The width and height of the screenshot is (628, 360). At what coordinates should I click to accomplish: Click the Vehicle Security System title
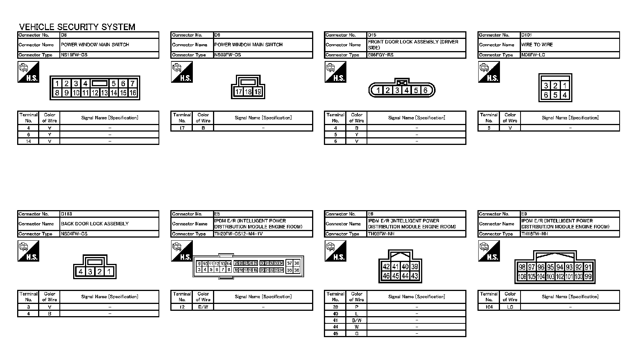77,27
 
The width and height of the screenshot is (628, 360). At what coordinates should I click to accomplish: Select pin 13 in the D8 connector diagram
104,93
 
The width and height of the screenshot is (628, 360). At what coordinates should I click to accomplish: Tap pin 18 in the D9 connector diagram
248,92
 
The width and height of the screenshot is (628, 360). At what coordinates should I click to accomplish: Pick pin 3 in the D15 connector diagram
397,90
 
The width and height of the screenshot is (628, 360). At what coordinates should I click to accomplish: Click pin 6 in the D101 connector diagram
546,95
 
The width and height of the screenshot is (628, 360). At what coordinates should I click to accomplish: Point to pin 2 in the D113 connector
99,272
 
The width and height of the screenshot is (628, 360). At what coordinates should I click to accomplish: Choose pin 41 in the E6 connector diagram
396,267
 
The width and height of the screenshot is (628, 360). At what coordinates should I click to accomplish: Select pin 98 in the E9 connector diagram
522,267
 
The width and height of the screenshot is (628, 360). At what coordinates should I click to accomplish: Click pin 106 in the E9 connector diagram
522,276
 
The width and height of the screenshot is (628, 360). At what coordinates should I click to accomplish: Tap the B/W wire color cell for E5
203,307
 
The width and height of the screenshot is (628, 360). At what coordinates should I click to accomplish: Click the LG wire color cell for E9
510,307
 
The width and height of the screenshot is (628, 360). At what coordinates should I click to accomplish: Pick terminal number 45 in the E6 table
335,334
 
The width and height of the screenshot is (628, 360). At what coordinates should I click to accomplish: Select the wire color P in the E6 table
357,307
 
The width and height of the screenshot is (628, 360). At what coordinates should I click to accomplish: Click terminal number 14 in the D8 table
29,141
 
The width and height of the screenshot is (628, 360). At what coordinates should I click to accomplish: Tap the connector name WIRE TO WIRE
537,45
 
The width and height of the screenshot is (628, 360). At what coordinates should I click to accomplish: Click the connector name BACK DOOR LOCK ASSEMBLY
95,224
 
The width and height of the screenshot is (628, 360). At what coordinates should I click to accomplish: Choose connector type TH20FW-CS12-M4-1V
239,234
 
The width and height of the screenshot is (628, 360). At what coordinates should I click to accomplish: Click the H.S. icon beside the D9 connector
182,72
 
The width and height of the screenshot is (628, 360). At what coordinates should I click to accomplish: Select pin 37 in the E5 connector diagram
290,263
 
